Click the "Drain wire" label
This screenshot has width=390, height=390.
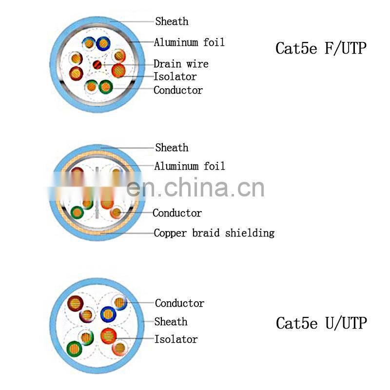coord(180,64)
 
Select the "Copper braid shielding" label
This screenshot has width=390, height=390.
coord(214,233)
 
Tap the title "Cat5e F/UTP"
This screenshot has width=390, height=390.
coord(321,48)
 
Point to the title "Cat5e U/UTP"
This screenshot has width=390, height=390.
coord(321,323)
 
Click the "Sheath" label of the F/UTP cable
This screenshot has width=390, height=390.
coord(172,21)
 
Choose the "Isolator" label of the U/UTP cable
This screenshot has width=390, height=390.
coord(175,339)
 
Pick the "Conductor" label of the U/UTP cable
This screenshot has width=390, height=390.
coord(179,303)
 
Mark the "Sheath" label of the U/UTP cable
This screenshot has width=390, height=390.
coord(171,322)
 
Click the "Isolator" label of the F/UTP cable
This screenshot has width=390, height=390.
coord(175,77)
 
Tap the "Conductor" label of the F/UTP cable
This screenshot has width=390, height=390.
coord(178,90)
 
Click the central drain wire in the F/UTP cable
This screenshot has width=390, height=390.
coord(97,64)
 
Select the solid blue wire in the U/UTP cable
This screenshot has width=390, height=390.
coord(108,314)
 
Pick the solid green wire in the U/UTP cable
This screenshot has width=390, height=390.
coord(75,348)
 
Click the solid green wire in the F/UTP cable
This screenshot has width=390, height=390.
coord(105,87)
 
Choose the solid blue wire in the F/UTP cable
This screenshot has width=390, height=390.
coord(103,43)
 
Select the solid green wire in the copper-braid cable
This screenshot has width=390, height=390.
coord(77,212)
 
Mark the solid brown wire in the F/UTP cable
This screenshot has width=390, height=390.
coord(76,74)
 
